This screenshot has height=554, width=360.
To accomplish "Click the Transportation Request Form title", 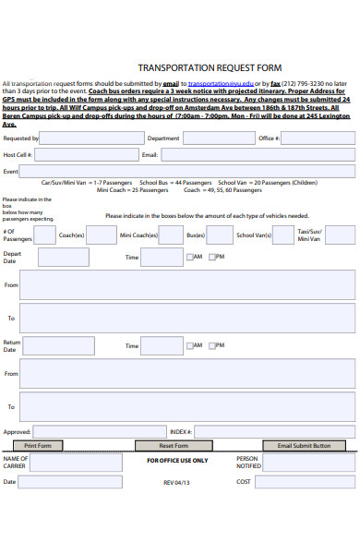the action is tap(210, 67).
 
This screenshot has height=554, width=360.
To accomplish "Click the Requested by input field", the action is tap(90, 138).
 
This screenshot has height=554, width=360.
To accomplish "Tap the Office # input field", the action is tap(318, 138).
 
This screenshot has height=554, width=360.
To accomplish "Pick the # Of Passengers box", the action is tap(44, 235).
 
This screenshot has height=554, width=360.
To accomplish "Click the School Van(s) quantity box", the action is tap(284, 235).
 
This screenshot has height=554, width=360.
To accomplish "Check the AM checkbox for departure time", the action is tap(189, 258).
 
